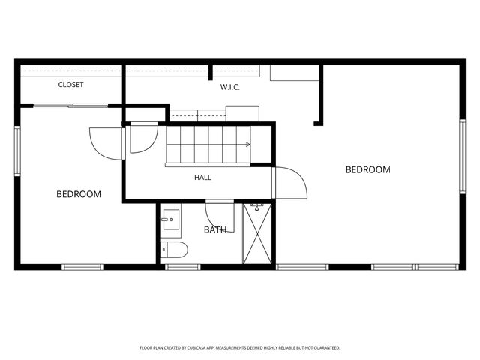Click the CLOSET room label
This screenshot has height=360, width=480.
[70, 85]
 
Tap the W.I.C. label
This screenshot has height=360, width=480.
[230, 87]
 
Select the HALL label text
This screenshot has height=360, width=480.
[202, 178]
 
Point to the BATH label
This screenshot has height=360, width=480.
[215, 230]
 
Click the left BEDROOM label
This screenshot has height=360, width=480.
[79, 194]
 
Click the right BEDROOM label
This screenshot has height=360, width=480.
[368, 170]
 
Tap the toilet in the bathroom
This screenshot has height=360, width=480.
[174, 250]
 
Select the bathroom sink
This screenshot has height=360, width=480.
[171, 220]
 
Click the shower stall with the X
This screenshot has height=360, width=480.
[257, 233]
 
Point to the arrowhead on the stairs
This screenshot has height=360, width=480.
[248, 145]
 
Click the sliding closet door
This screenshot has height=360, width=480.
[70, 106]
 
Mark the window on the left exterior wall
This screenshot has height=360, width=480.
[17, 151]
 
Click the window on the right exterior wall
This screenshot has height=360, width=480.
[463, 157]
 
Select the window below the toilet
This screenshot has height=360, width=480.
[183, 267]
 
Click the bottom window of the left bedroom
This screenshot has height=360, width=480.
[82, 267]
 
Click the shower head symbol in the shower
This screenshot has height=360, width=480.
[256, 207]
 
